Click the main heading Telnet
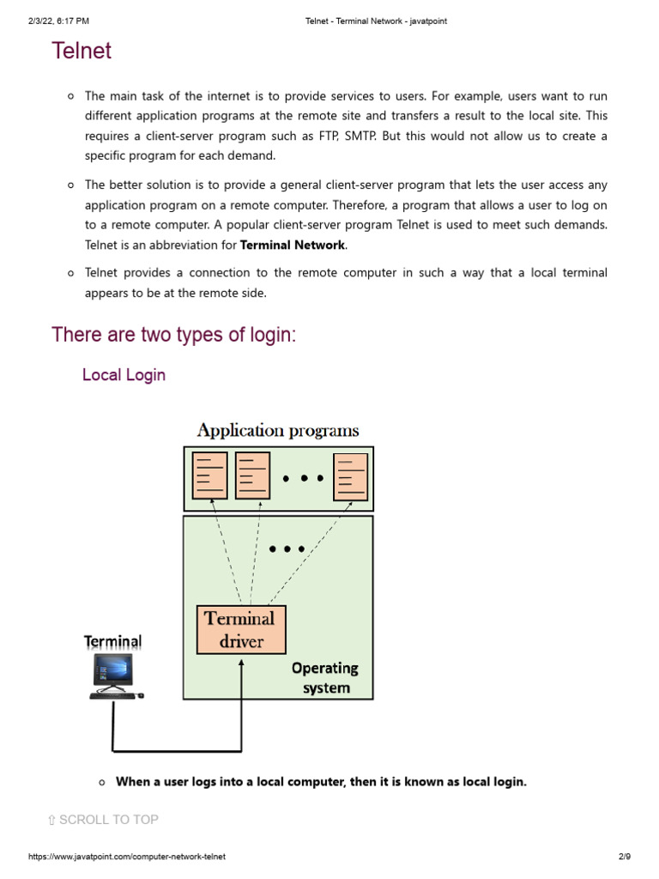pos(82,52)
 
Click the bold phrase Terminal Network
pos(292,245)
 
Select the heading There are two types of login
pos(173,335)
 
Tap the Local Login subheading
pos(124,375)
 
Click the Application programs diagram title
pos(278,430)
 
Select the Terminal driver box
pos(241,629)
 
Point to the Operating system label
pos(325,677)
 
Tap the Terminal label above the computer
pos(112,642)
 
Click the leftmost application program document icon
pos(210,475)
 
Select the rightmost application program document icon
pos(350,476)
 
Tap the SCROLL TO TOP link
pos(103,820)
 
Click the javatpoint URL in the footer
pos(127,858)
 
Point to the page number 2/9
pos(624,858)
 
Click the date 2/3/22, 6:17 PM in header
pos(58,21)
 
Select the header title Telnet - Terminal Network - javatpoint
pos(376,21)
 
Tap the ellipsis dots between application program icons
pos(302,478)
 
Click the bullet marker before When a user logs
pos(102,782)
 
